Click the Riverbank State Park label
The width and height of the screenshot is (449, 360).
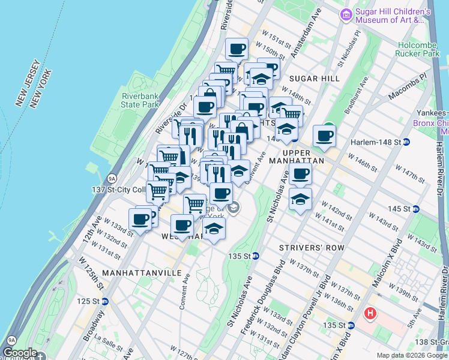[140, 100]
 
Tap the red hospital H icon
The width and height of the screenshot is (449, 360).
[371, 313]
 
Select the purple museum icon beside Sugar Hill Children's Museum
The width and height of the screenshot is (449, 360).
[346, 15]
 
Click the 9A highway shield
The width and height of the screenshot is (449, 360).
[112, 178]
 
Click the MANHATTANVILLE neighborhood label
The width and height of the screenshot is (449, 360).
[142, 273]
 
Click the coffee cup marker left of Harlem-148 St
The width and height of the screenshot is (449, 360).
[324, 136]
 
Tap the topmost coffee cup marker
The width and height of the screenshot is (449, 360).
[237, 49]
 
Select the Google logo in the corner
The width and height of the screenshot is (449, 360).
[20, 353]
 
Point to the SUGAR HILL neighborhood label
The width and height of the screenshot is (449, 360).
[314, 79]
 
